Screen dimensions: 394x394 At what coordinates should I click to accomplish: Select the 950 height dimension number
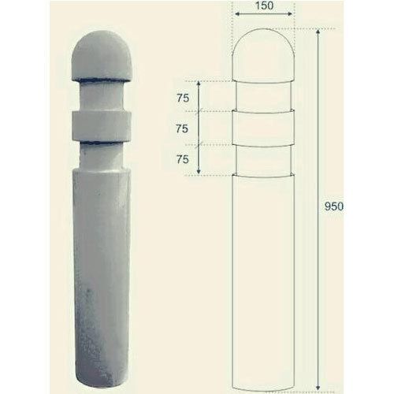coord(334,206)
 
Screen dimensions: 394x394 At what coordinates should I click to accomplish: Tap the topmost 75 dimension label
coord(183,98)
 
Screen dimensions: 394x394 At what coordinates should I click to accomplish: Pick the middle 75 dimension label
coord(183,128)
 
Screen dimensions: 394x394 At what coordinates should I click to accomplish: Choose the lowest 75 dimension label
coord(183,159)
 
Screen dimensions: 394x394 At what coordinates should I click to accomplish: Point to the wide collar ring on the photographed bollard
coord(101,125)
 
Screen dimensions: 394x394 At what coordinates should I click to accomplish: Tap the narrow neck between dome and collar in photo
coord(101,96)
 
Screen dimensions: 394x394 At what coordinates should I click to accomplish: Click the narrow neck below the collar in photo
coord(101,154)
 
